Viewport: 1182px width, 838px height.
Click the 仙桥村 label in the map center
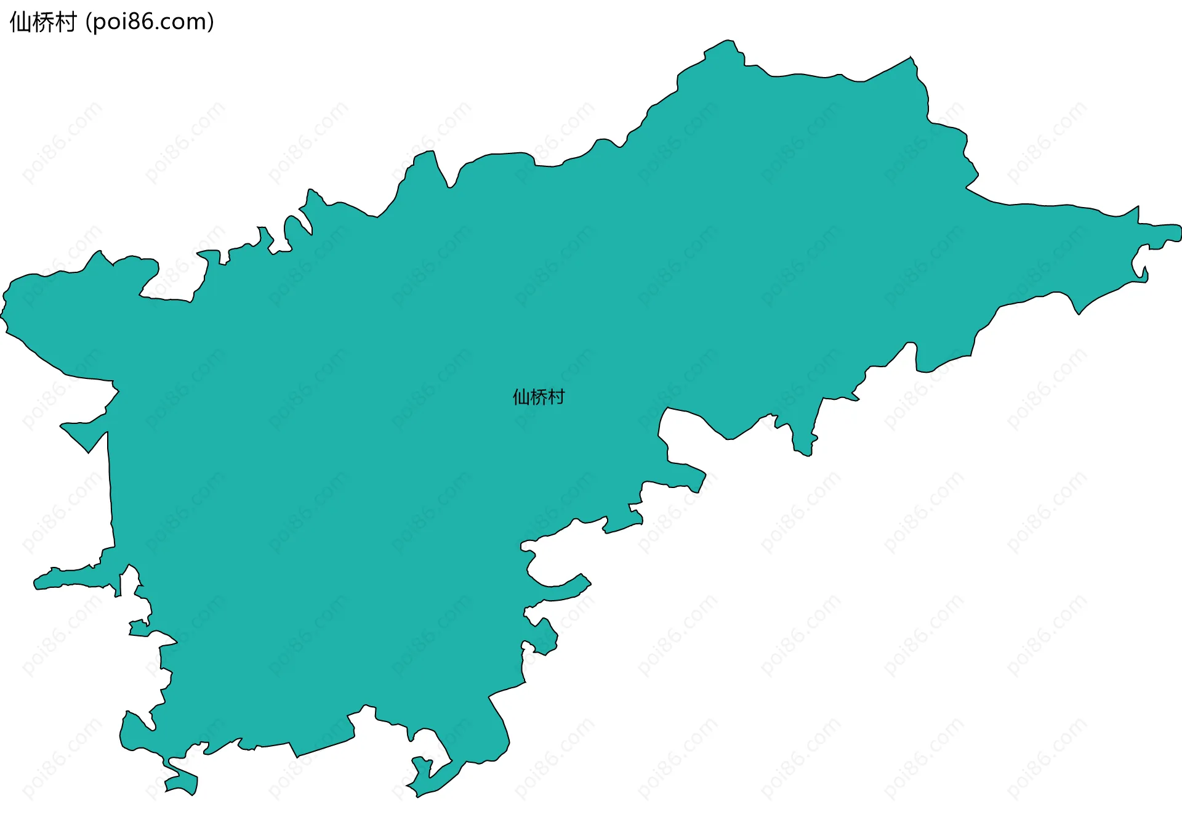pyautogui.click(x=539, y=397)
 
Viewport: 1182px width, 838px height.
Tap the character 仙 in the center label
pyautogui.click(x=521, y=397)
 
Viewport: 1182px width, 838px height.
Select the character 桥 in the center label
pyautogui.click(x=539, y=397)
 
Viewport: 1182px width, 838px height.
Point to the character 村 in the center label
pyautogui.click(x=557, y=397)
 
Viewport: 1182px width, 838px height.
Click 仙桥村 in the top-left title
pyautogui.click(x=43, y=22)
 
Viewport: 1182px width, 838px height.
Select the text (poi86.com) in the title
pyautogui.click(x=150, y=22)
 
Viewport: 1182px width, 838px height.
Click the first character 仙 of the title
pyautogui.click(x=20, y=22)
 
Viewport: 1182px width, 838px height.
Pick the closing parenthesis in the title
pyautogui.click(x=211, y=22)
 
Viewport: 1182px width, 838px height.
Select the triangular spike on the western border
pyautogui.click(x=86, y=434)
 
